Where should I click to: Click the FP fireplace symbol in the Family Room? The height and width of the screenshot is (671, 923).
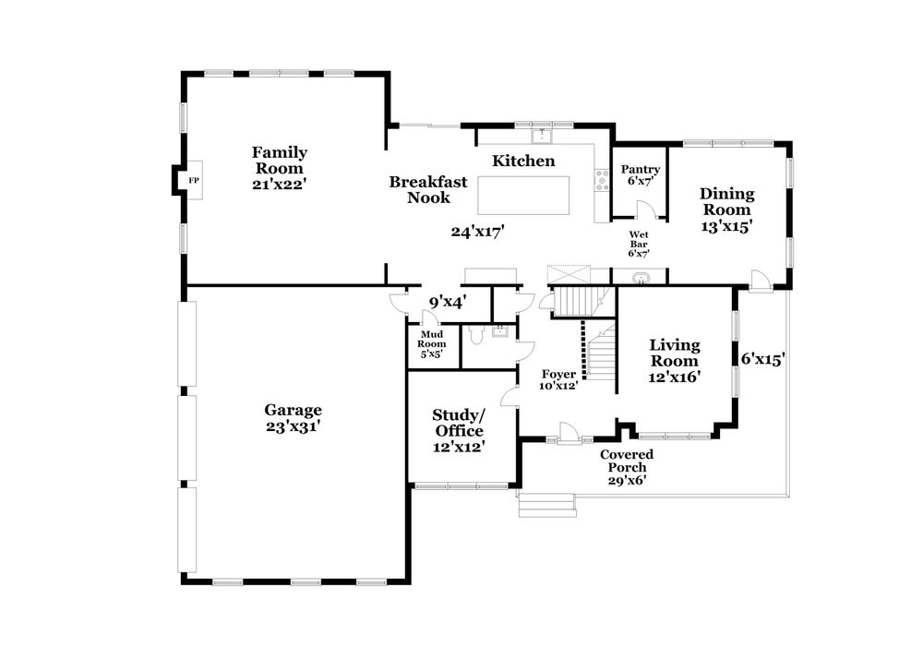193,180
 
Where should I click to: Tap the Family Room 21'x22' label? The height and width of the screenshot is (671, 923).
279,168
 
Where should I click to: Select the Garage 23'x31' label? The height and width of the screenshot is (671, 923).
293,418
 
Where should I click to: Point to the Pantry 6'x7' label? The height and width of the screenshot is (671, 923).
640,175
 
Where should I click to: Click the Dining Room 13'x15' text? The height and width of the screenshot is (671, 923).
726,210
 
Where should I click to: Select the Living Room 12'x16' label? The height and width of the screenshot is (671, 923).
674,360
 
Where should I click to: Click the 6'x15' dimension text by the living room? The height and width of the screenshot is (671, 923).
761,358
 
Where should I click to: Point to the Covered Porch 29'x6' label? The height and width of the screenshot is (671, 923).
627,467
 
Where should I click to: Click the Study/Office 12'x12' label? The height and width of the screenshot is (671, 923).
458,430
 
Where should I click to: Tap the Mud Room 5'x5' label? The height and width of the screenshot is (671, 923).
433,343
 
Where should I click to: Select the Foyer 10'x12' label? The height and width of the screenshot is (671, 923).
558,379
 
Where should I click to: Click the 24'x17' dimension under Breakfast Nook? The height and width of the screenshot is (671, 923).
475,233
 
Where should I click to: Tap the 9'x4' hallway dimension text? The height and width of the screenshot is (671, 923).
447,300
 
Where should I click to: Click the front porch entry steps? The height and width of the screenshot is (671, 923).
546,505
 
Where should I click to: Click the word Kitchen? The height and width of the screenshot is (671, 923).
523,161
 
